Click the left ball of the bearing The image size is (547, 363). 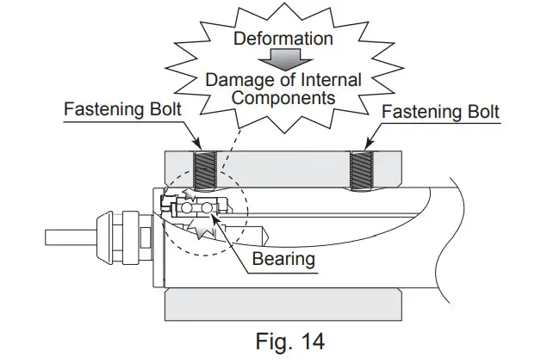pos(187,209)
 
